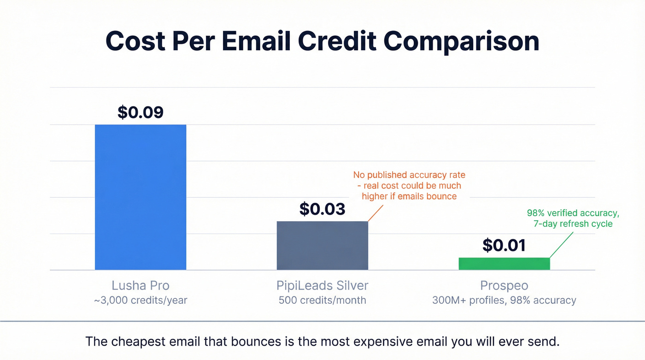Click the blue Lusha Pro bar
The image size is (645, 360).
(x=141, y=197)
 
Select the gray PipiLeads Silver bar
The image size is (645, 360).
(x=322, y=245)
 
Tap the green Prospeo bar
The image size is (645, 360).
(x=504, y=264)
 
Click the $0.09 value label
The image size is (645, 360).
(x=141, y=112)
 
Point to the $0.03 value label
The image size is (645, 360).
(x=322, y=209)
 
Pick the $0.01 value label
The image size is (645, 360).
(x=504, y=245)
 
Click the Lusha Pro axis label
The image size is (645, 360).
(x=141, y=285)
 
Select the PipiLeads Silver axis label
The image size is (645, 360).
(x=322, y=285)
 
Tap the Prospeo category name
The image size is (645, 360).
(x=504, y=285)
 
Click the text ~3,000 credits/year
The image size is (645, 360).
(x=141, y=300)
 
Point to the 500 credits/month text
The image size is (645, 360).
(x=322, y=300)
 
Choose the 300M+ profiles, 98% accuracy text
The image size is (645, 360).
(x=504, y=300)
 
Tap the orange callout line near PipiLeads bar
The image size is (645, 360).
(x=375, y=213)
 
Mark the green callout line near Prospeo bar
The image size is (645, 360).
(x=562, y=244)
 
